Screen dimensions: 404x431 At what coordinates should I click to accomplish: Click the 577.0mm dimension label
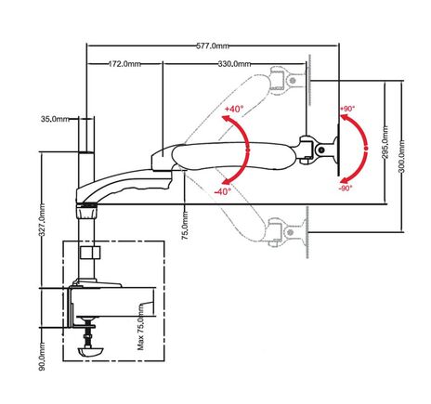213,44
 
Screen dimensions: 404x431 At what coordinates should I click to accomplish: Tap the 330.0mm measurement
234,64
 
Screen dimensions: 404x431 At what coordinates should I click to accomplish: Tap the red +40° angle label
233,110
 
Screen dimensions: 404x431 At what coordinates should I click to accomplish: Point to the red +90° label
347,109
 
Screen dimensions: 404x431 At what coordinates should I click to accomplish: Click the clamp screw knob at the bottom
91,352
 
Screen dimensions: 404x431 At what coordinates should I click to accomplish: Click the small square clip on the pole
90,252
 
